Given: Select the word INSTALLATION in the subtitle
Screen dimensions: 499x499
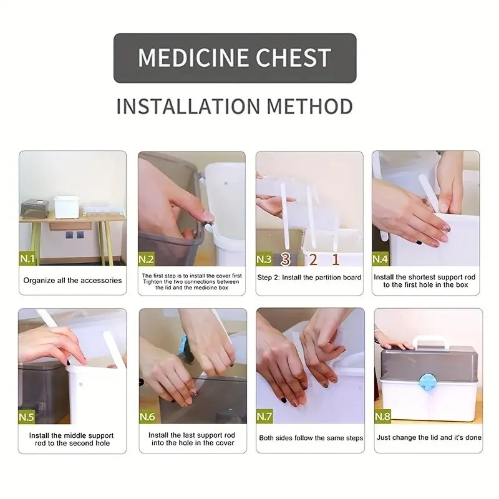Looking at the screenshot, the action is [x=188, y=106].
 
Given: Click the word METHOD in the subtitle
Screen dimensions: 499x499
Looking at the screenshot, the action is [x=310, y=106].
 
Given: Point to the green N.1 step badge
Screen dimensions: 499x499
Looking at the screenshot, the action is [x=27, y=258].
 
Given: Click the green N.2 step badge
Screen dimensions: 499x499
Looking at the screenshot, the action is [x=147, y=259].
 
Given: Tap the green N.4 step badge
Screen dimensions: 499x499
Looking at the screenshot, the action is [x=380, y=259].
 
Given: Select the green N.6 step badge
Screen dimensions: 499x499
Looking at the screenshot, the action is [x=147, y=417].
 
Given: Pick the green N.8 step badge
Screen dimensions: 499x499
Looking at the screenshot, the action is [x=383, y=416].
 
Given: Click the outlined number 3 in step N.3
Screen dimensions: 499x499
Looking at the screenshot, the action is [x=286, y=259].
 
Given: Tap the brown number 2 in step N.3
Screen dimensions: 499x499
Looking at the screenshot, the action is [x=313, y=259].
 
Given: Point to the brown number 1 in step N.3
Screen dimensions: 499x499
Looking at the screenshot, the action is [x=336, y=259].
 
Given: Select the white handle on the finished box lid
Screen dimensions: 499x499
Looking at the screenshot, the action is [x=431, y=342].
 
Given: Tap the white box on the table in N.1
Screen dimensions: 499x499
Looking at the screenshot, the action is [x=66, y=207].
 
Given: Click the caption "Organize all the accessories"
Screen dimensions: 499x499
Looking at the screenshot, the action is [x=72, y=280].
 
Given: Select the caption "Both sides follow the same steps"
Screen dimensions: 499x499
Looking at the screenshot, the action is [x=311, y=438].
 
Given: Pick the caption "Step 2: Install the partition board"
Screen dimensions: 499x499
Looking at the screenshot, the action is [x=309, y=278].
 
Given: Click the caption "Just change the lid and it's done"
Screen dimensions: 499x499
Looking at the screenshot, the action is [x=429, y=438].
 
